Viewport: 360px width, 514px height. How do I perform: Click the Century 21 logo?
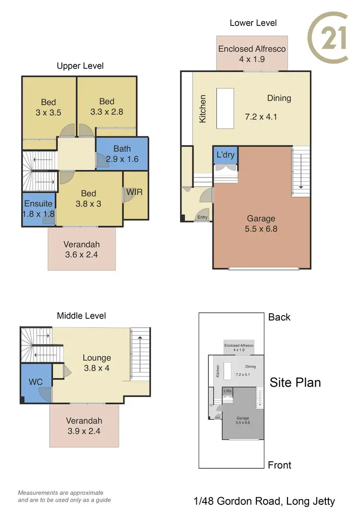328,38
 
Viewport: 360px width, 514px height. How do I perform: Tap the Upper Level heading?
80,66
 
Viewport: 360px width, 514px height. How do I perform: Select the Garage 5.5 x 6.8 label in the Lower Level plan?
262,223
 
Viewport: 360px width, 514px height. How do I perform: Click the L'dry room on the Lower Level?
225,156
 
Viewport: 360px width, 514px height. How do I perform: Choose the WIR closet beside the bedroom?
134,193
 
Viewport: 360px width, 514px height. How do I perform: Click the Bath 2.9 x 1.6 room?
122,154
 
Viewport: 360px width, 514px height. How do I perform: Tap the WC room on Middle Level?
36,382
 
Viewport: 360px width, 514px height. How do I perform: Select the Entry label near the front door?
202,218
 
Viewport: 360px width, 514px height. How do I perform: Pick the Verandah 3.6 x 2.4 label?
82,249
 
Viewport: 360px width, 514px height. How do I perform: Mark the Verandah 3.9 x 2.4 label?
84,426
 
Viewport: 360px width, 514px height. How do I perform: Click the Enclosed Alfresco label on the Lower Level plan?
252,54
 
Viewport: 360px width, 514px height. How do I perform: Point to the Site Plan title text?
295,382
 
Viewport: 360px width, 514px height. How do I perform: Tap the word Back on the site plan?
279,317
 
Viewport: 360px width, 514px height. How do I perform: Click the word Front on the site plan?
279,465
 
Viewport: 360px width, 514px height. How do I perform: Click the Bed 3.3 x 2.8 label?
107,106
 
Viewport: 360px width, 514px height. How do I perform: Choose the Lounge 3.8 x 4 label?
96,363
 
